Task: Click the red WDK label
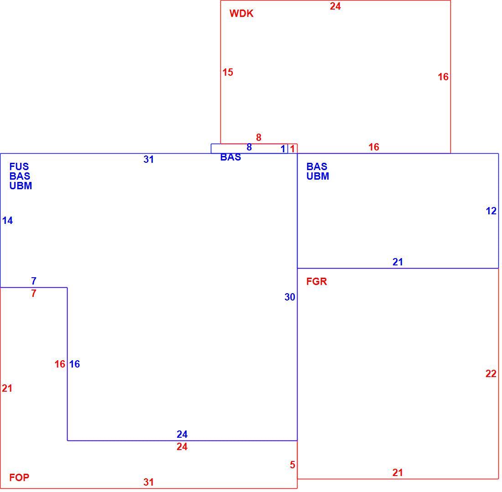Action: pyautogui.click(x=241, y=13)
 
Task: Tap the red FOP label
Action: pyautogui.click(x=19, y=477)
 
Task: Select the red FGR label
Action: pyautogui.click(x=317, y=281)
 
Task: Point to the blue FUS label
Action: pyautogui.click(x=19, y=166)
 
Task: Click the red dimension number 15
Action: pyautogui.click(x=228, y=73)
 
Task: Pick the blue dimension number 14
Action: pyautogui.click(x=8, y=220)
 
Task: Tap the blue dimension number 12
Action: pyautogui.click(x=491, y=211)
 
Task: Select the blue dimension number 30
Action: pyautogui.click(x=290, y=297)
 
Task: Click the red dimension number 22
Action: pyautogui.click(x=491, y=373)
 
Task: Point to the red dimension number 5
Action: pyautogui.click(x=292, y=465)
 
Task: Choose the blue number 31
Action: pyautogui.click(x=149, y=159)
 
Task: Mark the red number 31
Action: pyautogui.click(x=149, y=482)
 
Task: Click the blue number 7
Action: pyautogui.click(x=34, y=281)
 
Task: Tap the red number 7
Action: pyautogui.click(x=34, y=293)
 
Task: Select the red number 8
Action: pyautogui.click(x=259, y=138)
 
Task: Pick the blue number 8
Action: pyautogui.click(x=249, y=147)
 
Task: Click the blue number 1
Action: pyautogui.click(x=282, y=149)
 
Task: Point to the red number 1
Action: pyautogui.click(x=292, y=149)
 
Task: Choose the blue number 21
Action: pyautogui.click(x=397, y=262)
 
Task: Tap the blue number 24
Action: pyautogui.click(x=182, y=434)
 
